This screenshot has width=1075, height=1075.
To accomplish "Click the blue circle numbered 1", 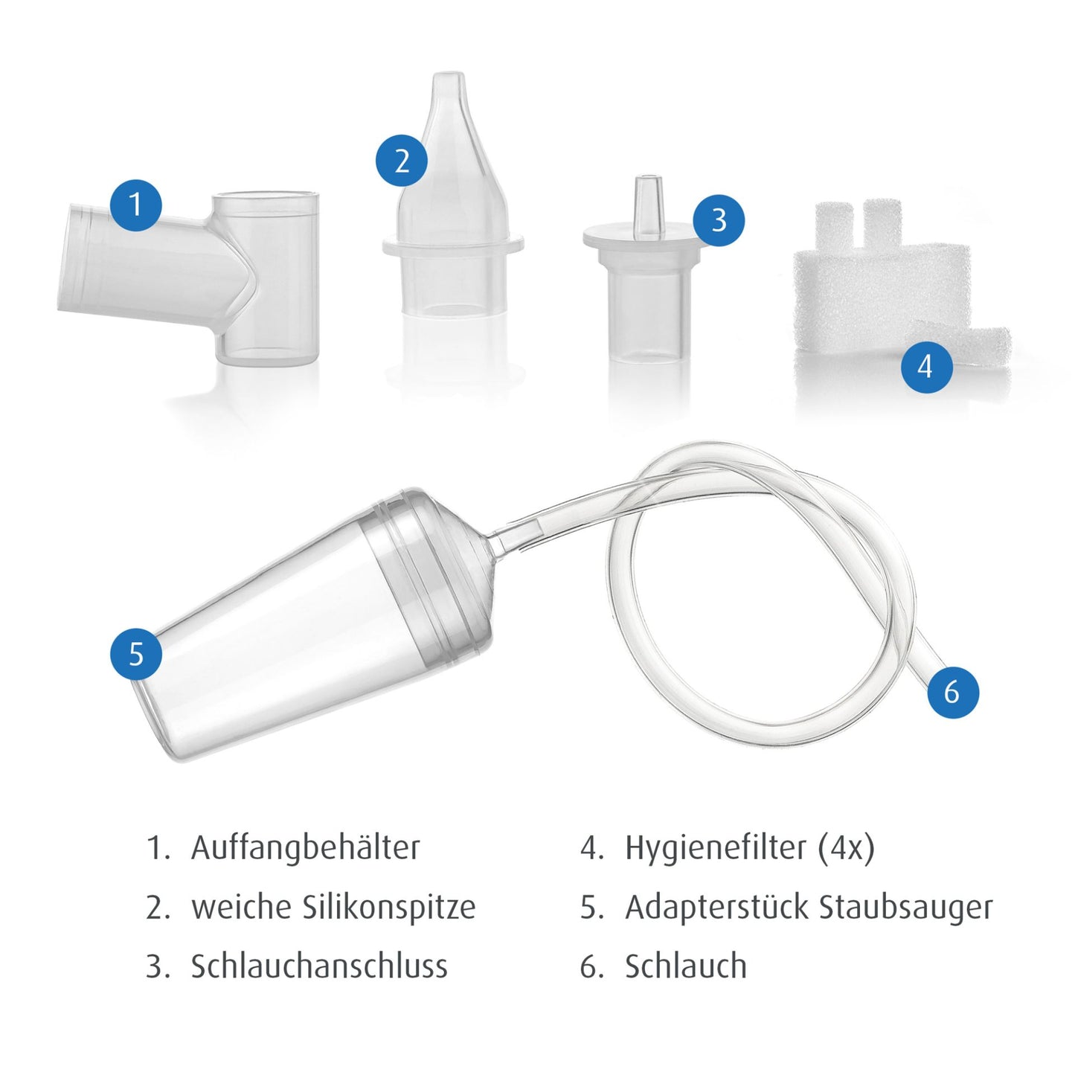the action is click(135, 205).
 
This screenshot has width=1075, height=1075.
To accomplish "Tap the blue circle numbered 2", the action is click(402, 161).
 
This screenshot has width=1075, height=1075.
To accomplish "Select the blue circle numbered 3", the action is click(719, 219).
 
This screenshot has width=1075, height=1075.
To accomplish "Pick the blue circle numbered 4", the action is click(927, 367).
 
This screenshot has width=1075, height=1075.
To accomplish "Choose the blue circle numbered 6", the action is click(953, 692).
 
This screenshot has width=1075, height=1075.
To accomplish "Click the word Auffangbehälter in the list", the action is click(305, 848).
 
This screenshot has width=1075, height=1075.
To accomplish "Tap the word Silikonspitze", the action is click(389, 908).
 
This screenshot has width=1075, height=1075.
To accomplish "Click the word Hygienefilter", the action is click(716, 848).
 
